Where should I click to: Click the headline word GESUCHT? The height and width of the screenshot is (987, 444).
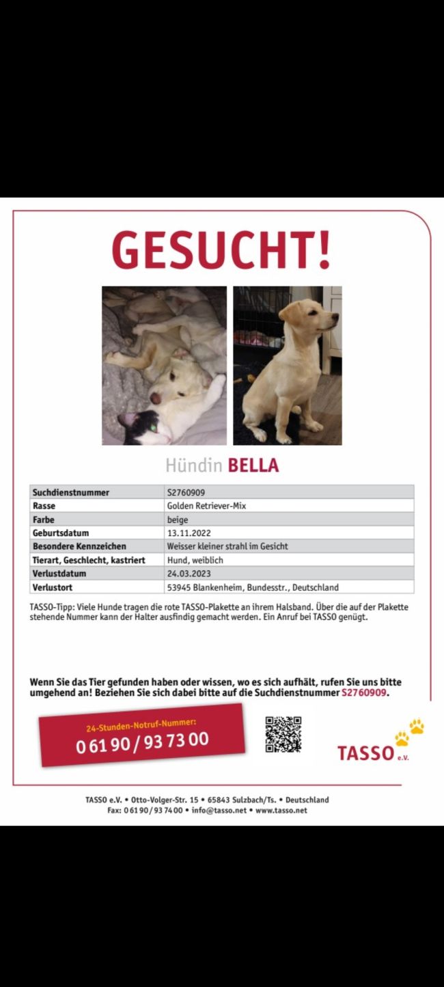(221, 249)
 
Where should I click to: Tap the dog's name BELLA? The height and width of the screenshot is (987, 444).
(253, 466)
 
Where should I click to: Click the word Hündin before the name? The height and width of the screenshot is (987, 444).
(193, 466)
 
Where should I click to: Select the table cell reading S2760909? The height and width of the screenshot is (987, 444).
(186, 492)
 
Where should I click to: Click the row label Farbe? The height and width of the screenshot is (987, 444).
(44, 519)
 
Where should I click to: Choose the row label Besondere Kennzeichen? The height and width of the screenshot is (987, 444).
(79, 547)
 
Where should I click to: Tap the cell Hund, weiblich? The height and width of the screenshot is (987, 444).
(195, 560)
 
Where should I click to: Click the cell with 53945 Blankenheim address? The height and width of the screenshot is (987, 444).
(253, 587)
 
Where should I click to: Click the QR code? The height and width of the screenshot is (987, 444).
(283, 734)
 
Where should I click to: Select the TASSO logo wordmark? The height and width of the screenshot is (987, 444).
(366, 753)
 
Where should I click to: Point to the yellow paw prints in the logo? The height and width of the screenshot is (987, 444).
(409, 731)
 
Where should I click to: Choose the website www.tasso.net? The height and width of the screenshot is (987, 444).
(281, 811)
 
